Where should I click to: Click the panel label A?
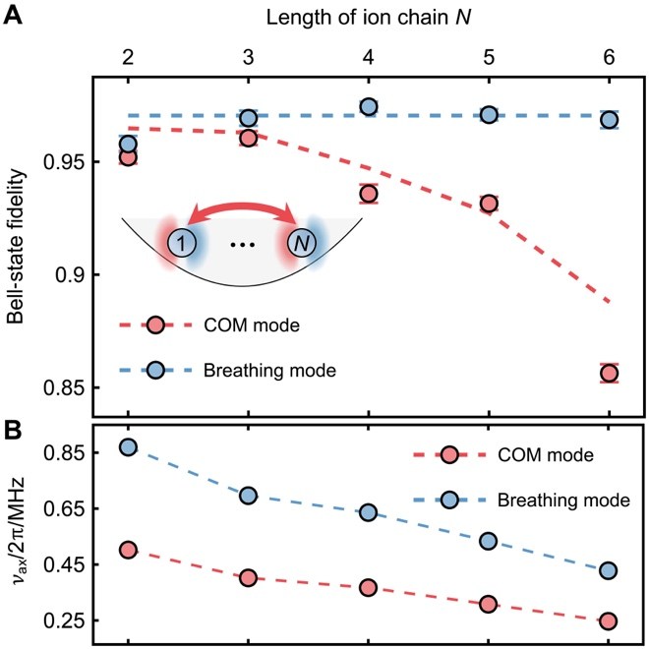[16, 16]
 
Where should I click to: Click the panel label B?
[16, 429]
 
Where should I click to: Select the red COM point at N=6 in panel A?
[609, 373]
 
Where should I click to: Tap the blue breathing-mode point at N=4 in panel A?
[369, 107]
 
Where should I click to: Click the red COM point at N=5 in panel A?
[489, 204]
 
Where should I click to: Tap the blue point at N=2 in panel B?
[128, 447]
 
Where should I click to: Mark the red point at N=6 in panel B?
[609, 621]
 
